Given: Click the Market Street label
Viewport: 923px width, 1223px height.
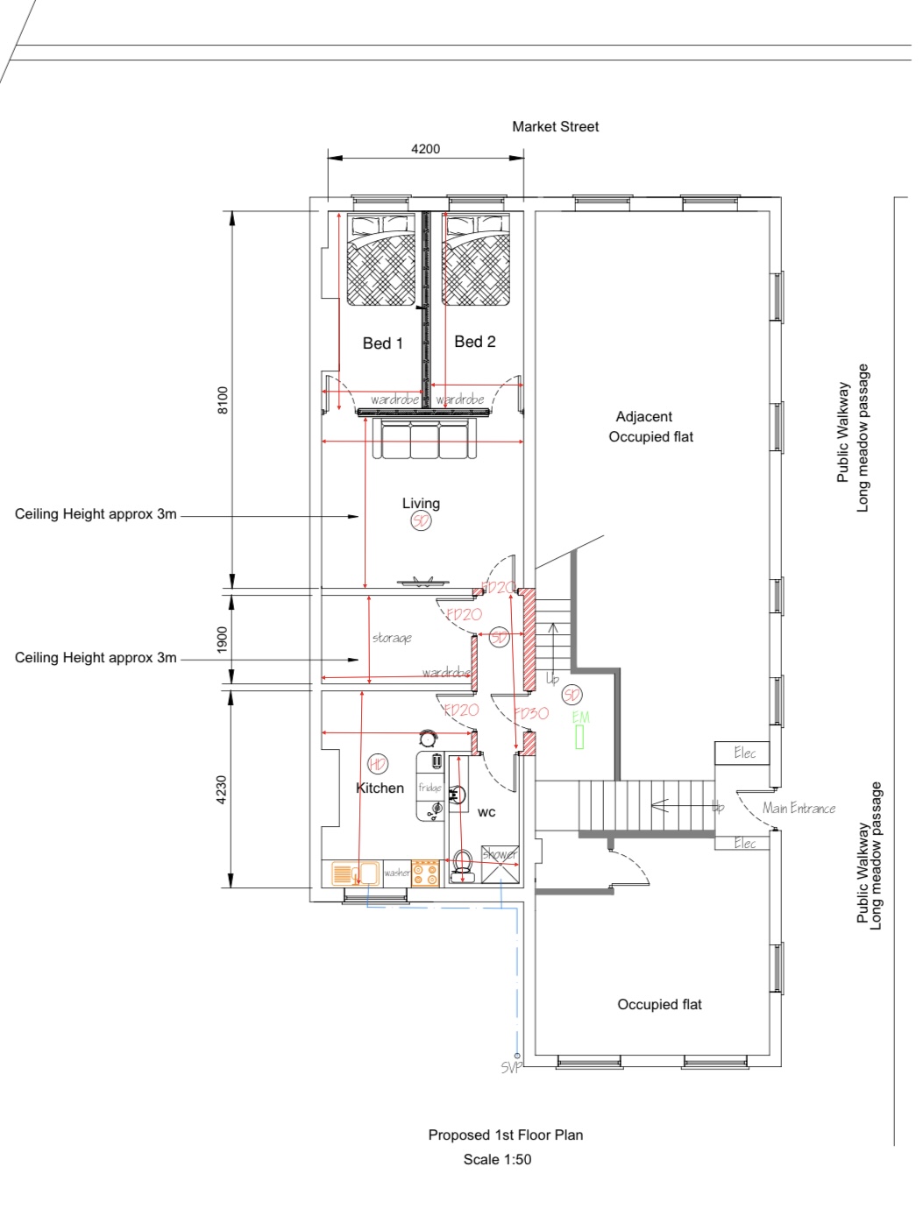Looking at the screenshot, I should tap(555, 127).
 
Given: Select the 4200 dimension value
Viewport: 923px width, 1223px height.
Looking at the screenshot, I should tap(425, 149).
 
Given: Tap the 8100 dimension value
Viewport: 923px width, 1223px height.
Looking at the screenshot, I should tap(223, 399).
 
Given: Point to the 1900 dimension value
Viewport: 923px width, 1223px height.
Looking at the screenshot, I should tap(223, 640).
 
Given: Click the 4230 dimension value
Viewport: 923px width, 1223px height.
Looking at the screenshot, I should tap(223, 789).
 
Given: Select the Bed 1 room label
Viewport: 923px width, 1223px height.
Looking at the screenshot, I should tap(382, 343).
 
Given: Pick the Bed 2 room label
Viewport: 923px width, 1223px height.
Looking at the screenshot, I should tap(474, 342).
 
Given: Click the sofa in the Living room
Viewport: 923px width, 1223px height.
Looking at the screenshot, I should tap(424, 439).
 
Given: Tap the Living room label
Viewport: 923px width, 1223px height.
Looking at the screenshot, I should tap(421, 503).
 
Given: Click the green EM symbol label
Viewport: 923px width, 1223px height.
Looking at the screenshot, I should tap(580, 718).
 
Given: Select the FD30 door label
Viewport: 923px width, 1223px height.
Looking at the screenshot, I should tap(532, 713).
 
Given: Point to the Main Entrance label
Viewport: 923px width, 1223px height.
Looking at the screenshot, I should tap(799, 808).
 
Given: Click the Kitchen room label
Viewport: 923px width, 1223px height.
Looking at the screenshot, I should tap(380, 788).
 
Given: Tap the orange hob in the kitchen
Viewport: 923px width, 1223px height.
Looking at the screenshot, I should tap(425, 873).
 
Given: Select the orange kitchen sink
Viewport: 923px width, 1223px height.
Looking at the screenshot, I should tap(355, 873).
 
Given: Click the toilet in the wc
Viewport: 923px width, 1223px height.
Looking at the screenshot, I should tap(463, 863).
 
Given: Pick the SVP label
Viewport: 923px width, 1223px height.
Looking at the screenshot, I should tap(511, 1067).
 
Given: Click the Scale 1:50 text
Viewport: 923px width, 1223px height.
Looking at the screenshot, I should tap(497, 1160).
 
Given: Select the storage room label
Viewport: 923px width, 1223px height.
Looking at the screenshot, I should tap(392, 638).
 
